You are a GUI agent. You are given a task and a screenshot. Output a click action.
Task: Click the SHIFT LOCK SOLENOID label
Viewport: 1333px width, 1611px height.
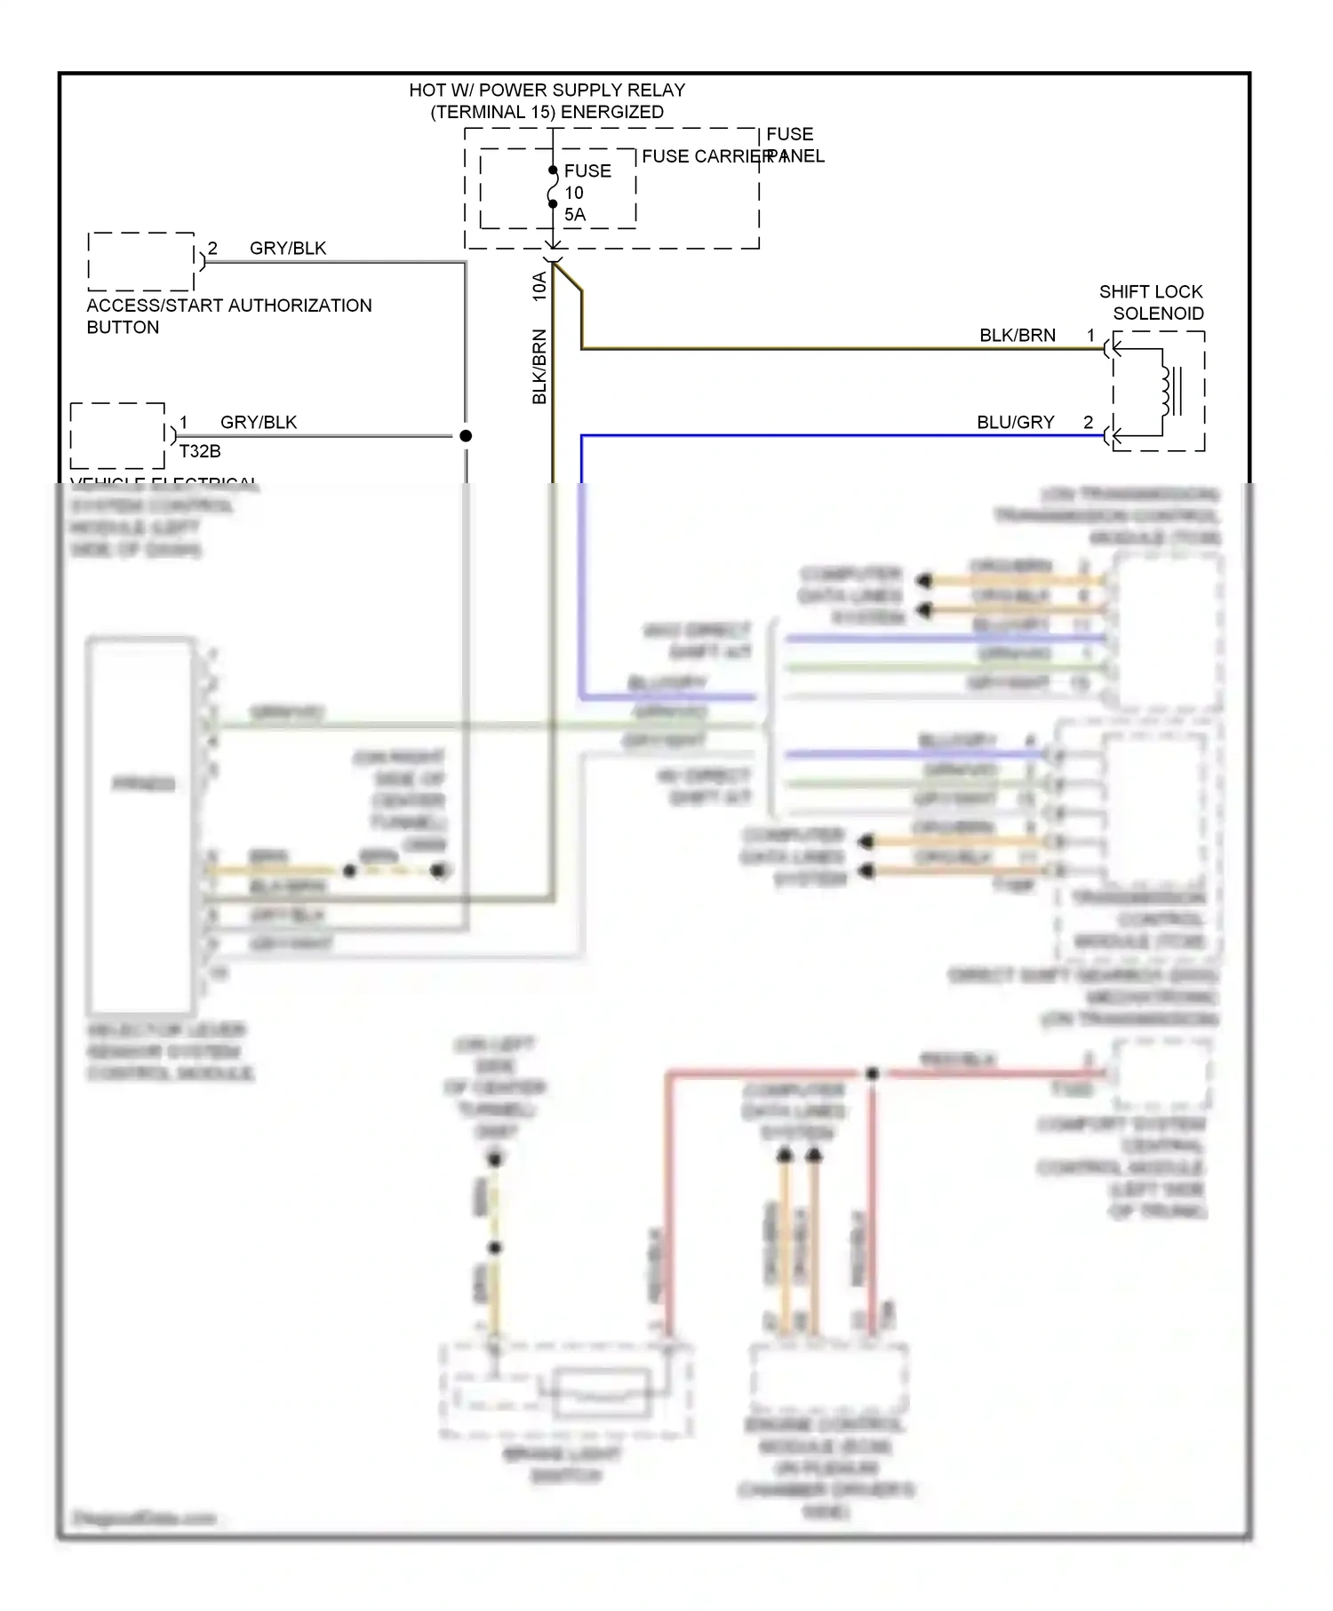pyautogui.click(x=1151, y=302)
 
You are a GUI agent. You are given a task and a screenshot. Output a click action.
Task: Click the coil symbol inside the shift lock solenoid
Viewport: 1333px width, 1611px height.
pyautogui.click(x=1166, y=391)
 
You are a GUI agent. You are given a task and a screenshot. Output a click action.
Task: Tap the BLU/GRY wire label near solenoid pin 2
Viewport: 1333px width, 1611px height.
pyautogui.click(x=1015, y=423)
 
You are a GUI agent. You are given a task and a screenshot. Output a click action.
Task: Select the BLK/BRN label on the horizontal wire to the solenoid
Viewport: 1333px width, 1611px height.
pyautogui.click(x=1018, y=336)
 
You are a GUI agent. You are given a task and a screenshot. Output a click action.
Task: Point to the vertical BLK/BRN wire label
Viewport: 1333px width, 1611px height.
pyautogui.click(x=539, y=367)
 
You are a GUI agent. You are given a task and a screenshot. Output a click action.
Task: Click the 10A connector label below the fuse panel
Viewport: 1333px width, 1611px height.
pyautogui.click(x=539, y=286)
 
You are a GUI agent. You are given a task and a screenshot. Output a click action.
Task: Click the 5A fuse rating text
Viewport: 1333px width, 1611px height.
pyautogui.click(x=575, y=215)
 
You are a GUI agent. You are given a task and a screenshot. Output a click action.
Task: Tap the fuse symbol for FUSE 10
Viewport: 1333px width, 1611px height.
pyautogui.click(x=553, y=187)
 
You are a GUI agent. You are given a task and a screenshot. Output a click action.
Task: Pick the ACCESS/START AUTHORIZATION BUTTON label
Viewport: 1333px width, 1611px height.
pyautogui.click(x=228, y=316)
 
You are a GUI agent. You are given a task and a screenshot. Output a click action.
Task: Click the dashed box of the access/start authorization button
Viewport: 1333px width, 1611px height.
pyautogui.click(x=141, y=262)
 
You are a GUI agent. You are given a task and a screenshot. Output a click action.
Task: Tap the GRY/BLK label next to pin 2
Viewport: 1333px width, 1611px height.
pyautogui.click(x=287, y=249)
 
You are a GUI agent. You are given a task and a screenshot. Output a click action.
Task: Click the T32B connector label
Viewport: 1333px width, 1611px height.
pyautogui.click(x=200, y=451)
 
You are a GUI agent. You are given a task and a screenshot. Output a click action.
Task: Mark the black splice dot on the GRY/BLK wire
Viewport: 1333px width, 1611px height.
pyautogui.click(x=466, y=436)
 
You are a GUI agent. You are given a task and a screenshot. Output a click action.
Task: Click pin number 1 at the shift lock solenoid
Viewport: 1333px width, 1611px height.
pyautogui.click(x=1090, y=336)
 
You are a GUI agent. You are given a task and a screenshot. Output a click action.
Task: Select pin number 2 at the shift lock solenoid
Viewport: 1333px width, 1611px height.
pyautogui.click(x=1089, y=423)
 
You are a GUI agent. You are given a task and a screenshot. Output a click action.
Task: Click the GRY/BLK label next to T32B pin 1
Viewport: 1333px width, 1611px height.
pyautogui.click(x=259, y=423)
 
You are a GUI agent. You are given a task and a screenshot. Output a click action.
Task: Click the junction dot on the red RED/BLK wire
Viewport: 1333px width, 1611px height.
pyautogui.click(x=873, y=1074)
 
